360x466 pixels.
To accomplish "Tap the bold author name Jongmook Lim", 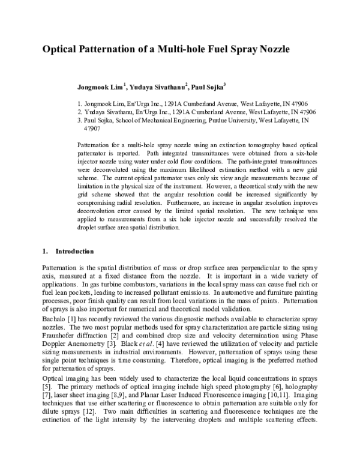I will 100,88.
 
